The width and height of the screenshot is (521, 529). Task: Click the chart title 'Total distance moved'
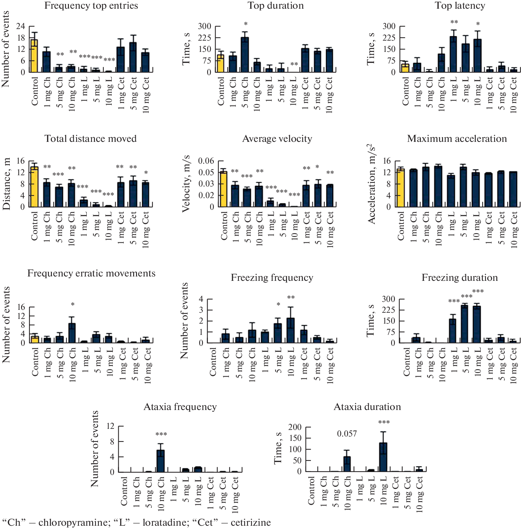pos(90,139)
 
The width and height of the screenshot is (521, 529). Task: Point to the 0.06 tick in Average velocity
pos(206,161)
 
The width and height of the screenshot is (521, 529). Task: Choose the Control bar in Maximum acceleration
pos(400,188)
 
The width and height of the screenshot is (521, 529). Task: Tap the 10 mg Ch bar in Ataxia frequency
pos(160,461)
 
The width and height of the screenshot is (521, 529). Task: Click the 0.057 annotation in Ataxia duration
pos(347,434)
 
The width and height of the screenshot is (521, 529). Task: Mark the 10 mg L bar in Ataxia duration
pos(383,457)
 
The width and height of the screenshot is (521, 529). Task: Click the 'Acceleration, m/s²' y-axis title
pos(371,184)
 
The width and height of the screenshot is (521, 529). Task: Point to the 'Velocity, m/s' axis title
pos(186,184)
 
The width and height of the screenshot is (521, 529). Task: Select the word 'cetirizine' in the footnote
pos(251,522)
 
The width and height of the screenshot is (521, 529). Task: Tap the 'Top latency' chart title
pos(460,5)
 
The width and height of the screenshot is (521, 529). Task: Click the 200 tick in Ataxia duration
pos(295,427)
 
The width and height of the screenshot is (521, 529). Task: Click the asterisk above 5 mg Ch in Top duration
pos(246,24)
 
